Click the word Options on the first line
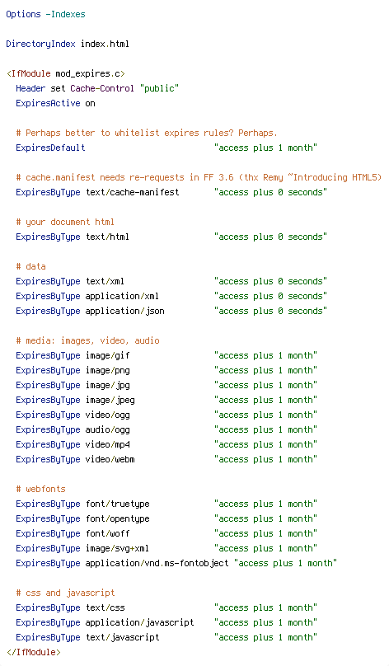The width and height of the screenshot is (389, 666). [23, 15]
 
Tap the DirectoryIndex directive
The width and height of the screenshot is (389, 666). [40, 45]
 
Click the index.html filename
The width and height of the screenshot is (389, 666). [105, 44]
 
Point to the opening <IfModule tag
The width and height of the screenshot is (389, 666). [29, 73]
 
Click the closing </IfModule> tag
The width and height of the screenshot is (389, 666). [34, 652]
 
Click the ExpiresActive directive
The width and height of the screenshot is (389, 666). [48, 104]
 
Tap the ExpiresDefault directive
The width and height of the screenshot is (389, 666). [50, 148]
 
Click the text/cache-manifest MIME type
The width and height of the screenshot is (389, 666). [133, 192]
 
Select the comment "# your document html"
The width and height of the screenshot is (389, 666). [65, 223]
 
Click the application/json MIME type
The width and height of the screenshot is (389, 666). [124, 312]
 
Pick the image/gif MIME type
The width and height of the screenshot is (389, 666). [108, 356]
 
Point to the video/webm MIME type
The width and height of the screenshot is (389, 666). [110, 460]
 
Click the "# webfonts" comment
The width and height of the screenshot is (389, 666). [40, 490]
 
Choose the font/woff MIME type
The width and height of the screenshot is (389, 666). [108, 533]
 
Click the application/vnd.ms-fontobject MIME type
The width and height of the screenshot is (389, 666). [157, 563]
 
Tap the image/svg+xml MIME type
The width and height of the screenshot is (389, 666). [117, 548]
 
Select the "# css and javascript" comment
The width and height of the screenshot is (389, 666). [65, 593]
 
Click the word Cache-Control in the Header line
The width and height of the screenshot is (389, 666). [102, 88]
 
